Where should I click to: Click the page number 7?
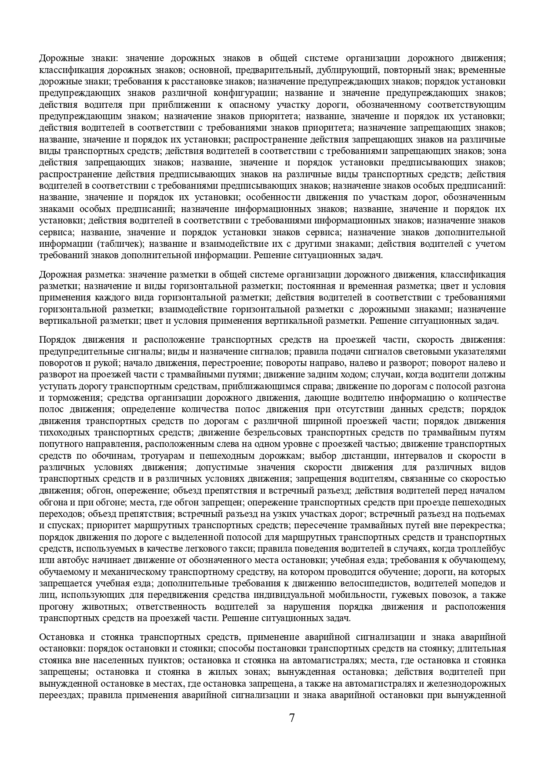pyautogui.click(x=292, y=718)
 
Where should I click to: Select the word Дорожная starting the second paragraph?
pyautogui.click(x=58, y=275)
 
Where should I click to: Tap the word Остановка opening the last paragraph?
pyautogui.click(x=60, y=637)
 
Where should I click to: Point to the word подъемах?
pyautogui.click(x=487, y=514)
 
